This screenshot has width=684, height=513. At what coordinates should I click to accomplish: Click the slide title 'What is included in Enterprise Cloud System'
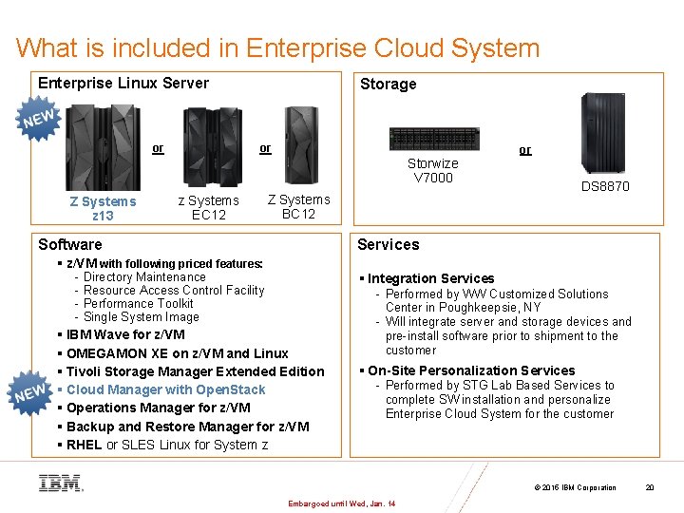(277, 48)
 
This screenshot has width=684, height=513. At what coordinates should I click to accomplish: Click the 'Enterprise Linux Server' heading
(123, 83)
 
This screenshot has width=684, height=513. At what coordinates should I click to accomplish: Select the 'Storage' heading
(388, 84)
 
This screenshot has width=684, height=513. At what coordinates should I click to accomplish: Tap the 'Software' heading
(69, 244)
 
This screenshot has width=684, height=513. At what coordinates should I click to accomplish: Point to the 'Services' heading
(388, 244)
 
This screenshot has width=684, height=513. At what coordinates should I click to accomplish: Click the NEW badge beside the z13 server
(38, 120)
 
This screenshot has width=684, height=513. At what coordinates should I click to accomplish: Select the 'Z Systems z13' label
(103, 208)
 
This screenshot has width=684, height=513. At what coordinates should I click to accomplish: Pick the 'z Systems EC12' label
(209, 207)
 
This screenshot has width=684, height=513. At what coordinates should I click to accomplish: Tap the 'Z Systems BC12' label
(299, 206)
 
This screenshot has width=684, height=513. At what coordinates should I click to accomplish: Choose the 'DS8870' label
(605, 186)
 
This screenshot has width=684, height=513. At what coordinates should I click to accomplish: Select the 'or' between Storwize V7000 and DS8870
(525, 150)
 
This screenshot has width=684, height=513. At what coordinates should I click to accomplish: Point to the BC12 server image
(294, 147)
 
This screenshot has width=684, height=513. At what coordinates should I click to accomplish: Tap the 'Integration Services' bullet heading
(430, 278)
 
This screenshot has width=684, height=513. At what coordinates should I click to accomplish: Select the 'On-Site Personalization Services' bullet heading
(470, 370)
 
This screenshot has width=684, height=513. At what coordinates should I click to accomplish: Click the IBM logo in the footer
(60, 483)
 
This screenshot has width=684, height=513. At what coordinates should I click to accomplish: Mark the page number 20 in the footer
(650, 487)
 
